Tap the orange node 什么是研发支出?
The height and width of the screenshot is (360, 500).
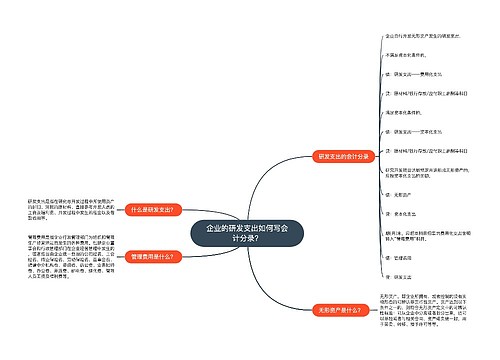tap(152, 209)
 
